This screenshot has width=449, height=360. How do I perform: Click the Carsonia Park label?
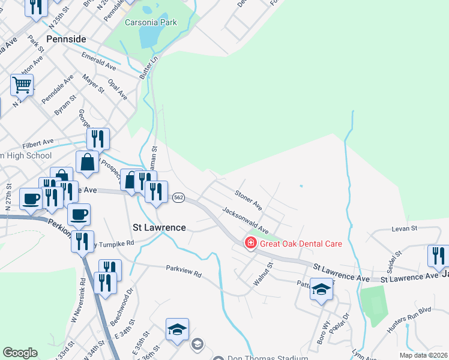[151, 22]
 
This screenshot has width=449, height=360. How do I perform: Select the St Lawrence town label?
[159, 227]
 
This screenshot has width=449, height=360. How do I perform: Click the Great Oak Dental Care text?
[301, 244]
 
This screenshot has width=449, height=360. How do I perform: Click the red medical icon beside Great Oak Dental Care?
[250, 244]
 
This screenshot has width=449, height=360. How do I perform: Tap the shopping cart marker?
[22, 85]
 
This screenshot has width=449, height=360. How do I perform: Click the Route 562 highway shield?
[178, 197]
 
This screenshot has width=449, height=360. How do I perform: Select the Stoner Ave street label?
[248, 200]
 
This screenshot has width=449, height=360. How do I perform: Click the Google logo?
[20, 353]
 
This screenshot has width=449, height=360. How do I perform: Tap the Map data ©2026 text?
[423, 355]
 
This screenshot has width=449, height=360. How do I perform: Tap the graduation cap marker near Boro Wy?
[322, 290]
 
